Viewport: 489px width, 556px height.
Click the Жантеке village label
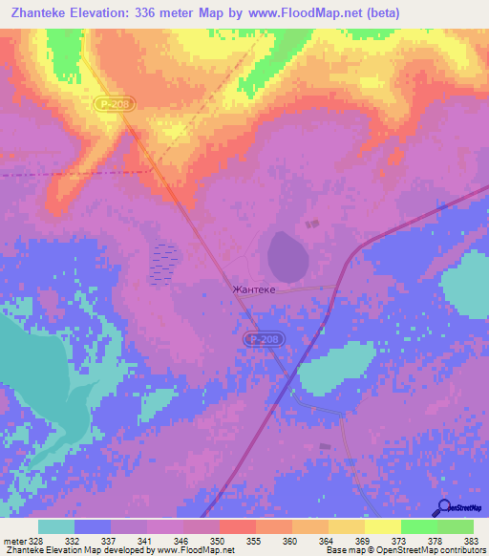[x=253, y=289]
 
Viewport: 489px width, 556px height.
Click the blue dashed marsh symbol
[x=165, y=263]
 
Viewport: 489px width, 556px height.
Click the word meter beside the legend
[x=14, y=541]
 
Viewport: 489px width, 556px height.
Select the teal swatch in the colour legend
[x=56, y=526]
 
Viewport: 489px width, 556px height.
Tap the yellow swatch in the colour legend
[x=382, y=526]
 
